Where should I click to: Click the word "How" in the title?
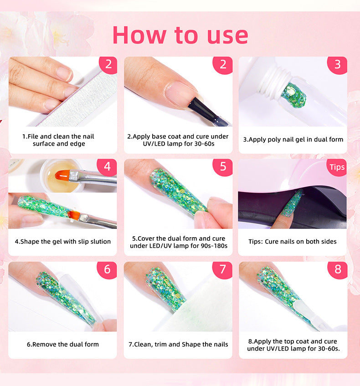coord(139,35)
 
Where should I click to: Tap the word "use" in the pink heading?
coord(227,36)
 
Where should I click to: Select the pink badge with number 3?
coord(337,65)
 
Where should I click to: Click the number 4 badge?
coord(107,167)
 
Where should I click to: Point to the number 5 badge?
coord(222,167)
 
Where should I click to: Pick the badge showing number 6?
coord(107,270)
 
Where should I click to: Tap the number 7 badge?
coord(222,270)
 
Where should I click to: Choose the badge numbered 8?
coord(337,270)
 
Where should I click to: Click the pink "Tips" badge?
coord(337,168)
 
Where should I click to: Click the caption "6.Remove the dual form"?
coord(63,344)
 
